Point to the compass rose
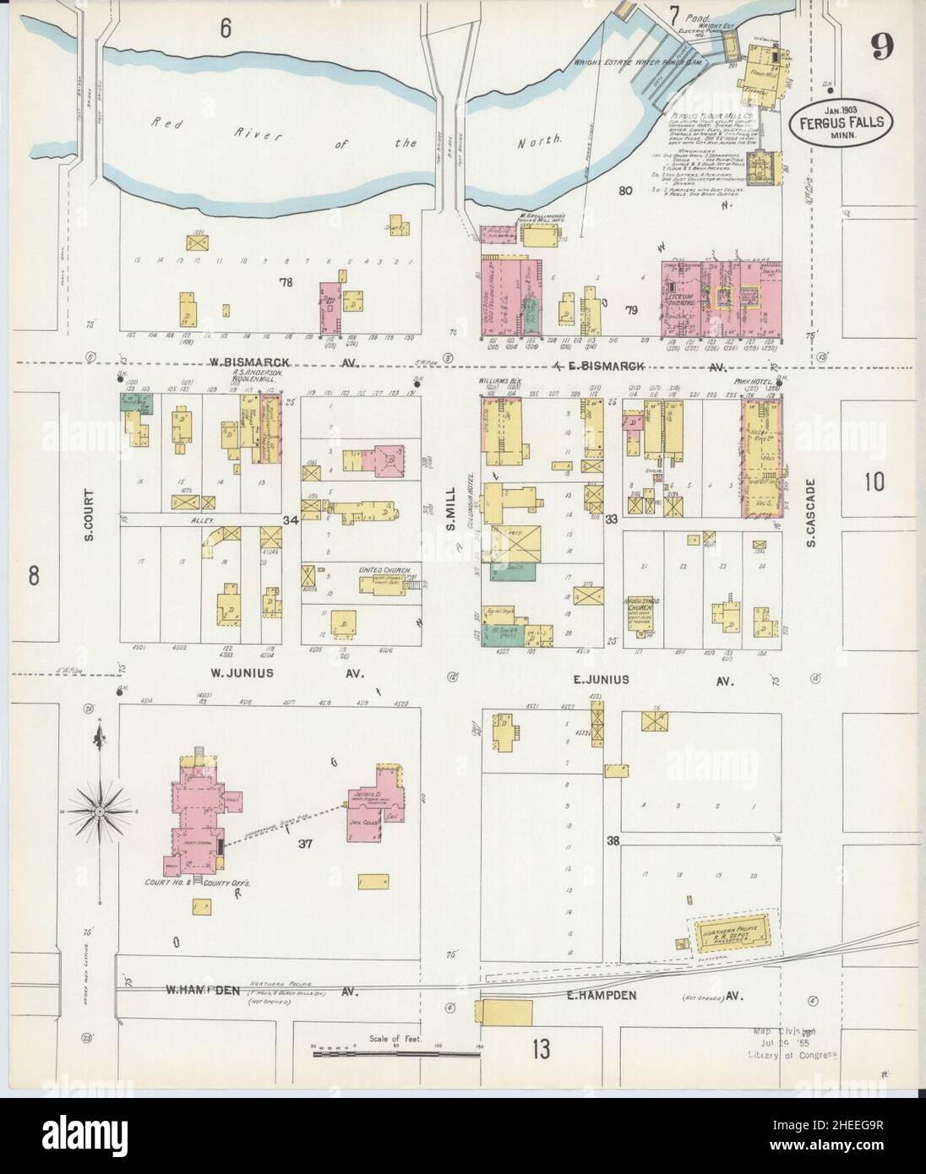pos(100,811)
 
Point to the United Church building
pos(384,583)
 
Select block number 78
pos(285,282)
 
